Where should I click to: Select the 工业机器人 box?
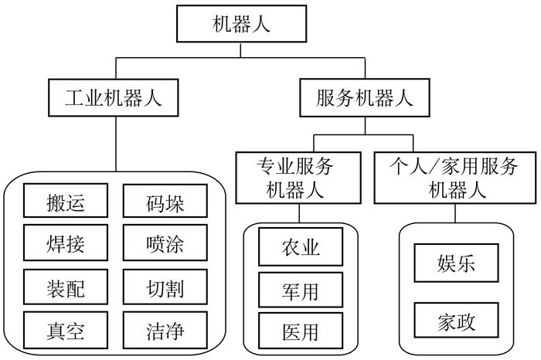point(115,98)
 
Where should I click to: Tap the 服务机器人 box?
point(364,98)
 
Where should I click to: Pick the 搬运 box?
point(65,204)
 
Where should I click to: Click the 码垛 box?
point(165,204)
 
